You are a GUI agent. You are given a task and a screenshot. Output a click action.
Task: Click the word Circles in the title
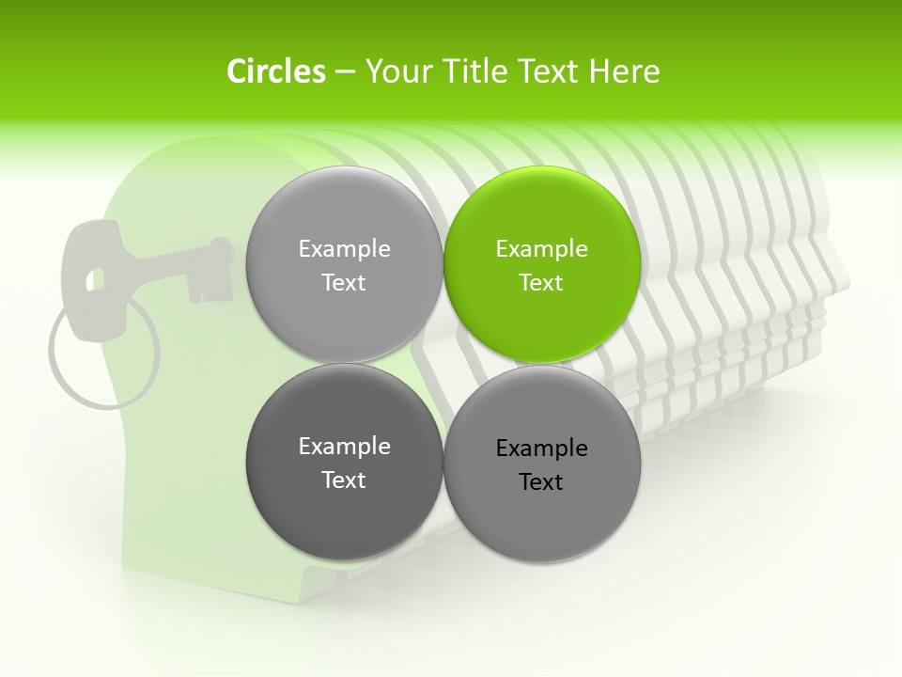[275, 71]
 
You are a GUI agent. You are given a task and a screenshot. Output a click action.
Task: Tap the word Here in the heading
[624, 71]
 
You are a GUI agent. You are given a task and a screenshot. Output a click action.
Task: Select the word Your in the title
[397, 71]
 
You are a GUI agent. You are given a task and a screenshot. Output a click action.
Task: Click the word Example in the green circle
[542, 249]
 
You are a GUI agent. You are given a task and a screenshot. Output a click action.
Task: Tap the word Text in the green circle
[541, 283]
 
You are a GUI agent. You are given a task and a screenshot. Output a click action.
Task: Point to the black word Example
[542, 449]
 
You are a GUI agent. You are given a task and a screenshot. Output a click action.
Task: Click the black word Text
[541, 482]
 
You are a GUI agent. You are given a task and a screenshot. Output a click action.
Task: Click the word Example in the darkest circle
[344, 447]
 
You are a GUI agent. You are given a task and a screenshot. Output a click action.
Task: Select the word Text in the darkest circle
[344, 480]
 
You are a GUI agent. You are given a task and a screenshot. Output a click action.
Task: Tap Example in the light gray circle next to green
[344, 249]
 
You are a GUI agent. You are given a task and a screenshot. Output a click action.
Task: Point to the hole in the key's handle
[94, 279]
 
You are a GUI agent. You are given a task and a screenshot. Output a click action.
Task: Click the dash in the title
[344, 71]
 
